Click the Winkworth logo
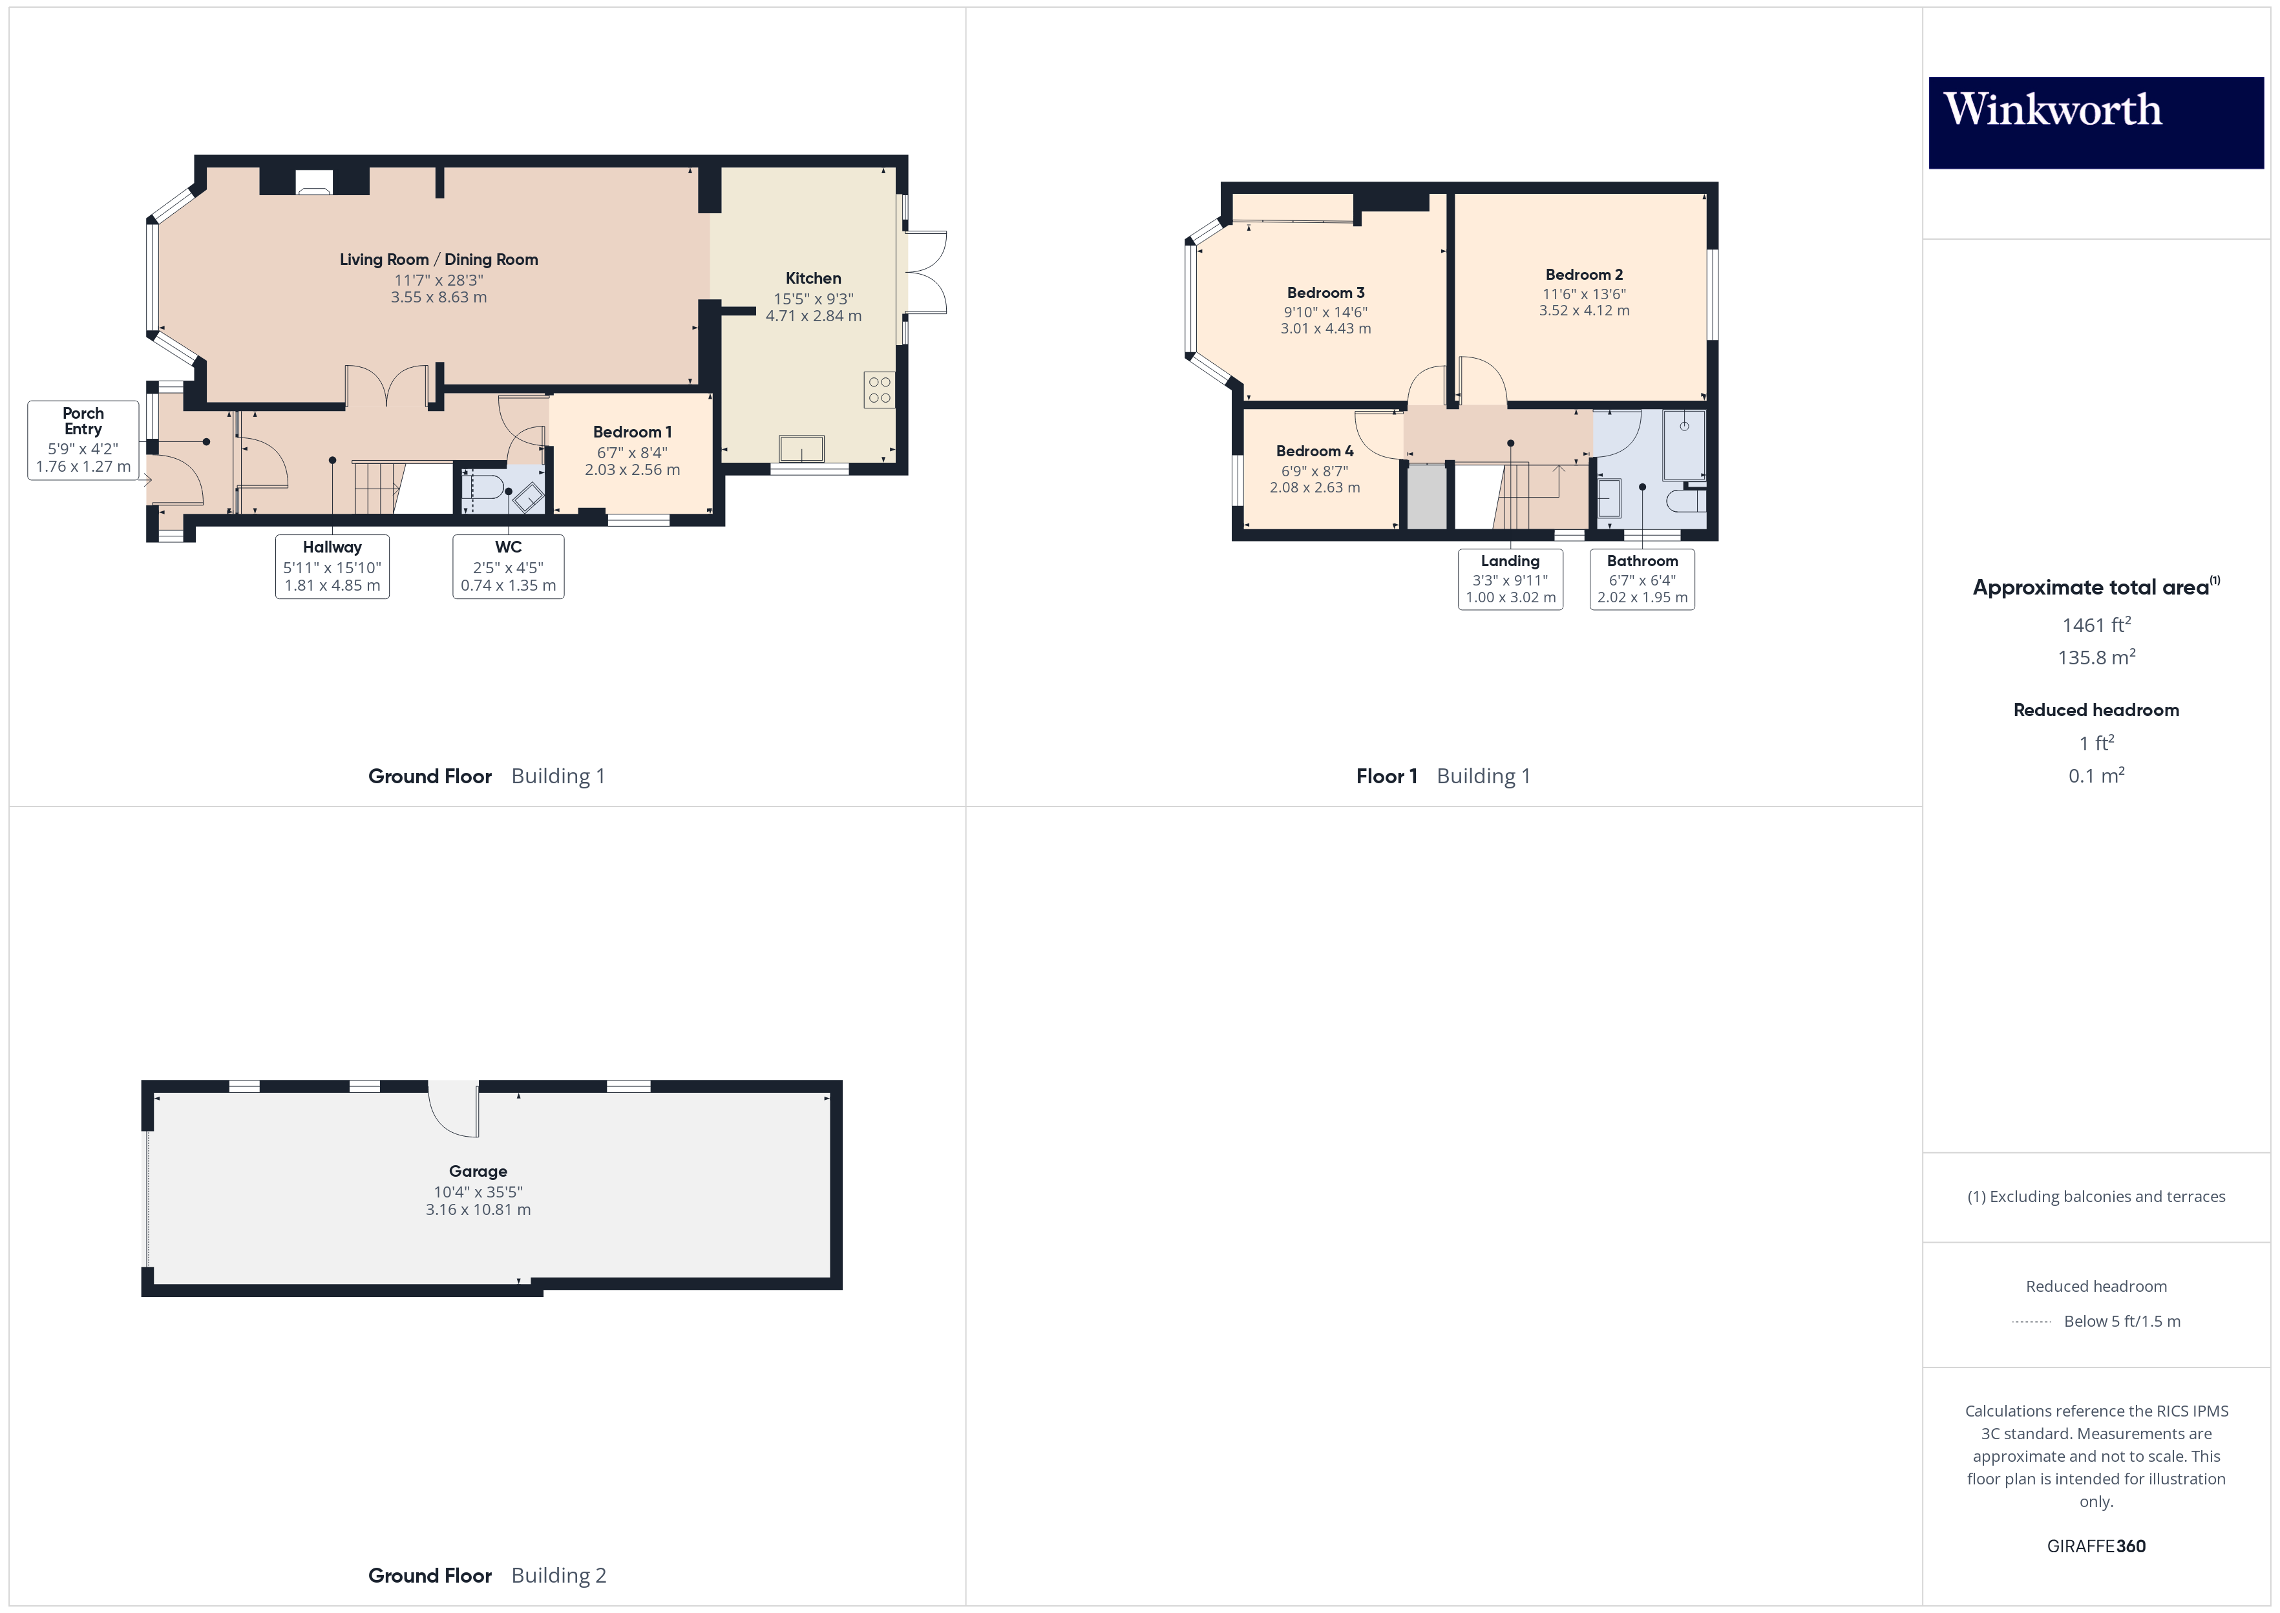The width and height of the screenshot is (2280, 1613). point(2095,121)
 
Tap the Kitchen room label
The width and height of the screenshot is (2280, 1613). point(812,278)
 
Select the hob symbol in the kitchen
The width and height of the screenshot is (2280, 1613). point(879,389)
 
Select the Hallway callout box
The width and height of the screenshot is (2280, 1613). point(332,566)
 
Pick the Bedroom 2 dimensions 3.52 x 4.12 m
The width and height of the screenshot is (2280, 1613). point(1584,311)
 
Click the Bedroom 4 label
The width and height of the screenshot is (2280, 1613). point(1314,451)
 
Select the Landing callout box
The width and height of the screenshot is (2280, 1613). point(1510,579)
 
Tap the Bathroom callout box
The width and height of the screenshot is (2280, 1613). point(1641,579)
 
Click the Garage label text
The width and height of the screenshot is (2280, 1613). point(478,1171)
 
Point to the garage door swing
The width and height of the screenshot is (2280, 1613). point(454,1110)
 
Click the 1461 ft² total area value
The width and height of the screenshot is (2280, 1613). point(2095,625)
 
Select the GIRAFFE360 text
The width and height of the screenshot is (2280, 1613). point(2095,1545)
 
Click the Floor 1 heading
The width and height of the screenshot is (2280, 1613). point(1386,775)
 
